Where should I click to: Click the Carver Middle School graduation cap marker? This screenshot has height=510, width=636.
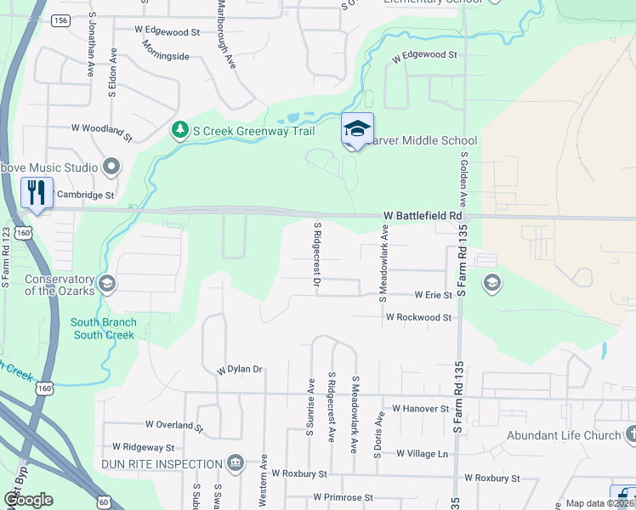tap(357, 129)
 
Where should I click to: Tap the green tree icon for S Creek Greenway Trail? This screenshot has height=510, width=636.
tap(179, 130)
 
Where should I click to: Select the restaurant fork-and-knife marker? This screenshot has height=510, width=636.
tap(37, 192)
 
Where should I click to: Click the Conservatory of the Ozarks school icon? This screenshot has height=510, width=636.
tap(107, 283)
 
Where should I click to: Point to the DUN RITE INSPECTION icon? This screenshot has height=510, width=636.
tap(236, 464)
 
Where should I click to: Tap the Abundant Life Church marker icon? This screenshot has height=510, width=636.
tap(631, 435)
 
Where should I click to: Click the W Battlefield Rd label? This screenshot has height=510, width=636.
tap(422, 217)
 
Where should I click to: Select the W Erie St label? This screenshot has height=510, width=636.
tap(433, 295)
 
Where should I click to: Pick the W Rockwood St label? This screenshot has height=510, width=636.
tap(418, 316)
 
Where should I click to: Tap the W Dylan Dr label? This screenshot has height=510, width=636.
tap(240, 370)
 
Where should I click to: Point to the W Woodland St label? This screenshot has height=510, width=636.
tap(102, 131)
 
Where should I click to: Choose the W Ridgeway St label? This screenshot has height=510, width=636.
tap(143, 447)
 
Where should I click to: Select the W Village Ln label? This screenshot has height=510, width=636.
tap(418, 454)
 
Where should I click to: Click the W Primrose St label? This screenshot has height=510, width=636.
tap(343, 497)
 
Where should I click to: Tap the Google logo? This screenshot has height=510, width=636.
tap(28, 500)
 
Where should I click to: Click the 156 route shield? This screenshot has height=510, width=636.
tap(60, 20)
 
